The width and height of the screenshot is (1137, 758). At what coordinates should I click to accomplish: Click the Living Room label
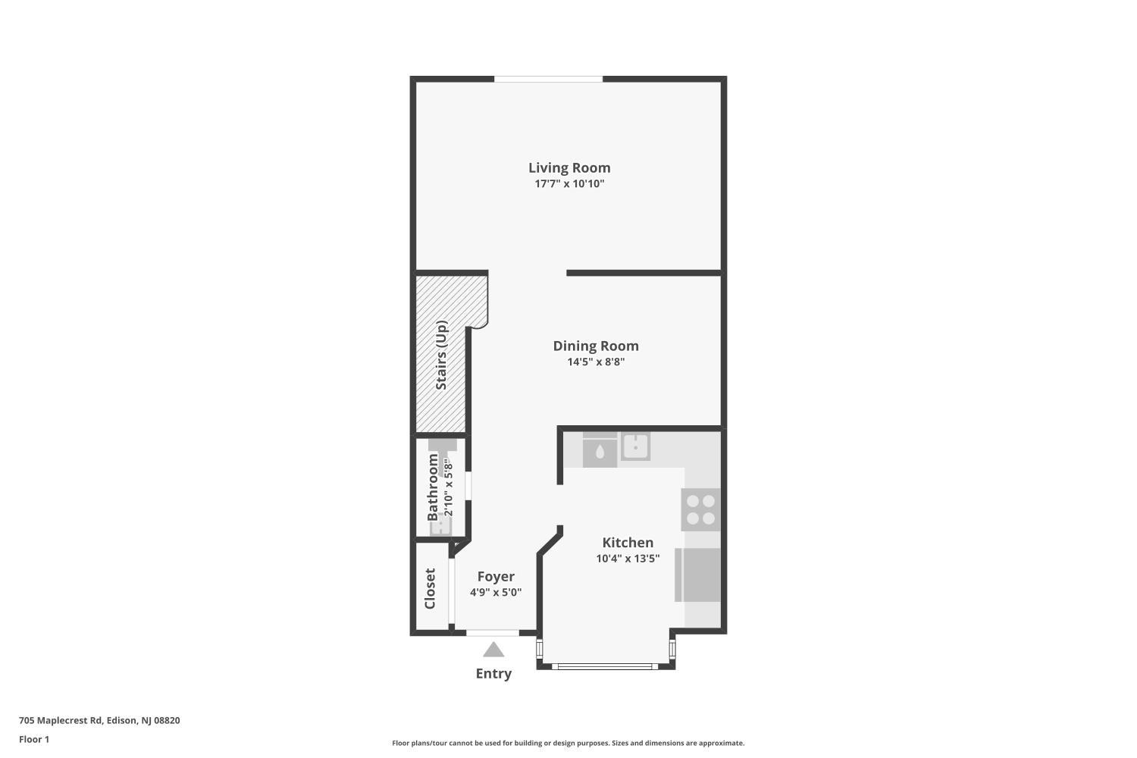point(569,168)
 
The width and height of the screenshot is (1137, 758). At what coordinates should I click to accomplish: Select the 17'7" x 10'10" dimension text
point(569,184)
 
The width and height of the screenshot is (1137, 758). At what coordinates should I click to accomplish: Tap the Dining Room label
point(596,346)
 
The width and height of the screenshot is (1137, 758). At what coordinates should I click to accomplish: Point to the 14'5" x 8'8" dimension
point(596,362)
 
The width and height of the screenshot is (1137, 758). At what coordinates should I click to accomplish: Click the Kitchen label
point(628,542)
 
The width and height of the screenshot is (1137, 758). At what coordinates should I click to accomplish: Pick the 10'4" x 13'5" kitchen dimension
point(628,559)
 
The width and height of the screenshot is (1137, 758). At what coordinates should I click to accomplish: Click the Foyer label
point(496,576)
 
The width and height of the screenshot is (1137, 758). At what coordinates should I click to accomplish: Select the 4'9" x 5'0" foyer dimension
point(496,593)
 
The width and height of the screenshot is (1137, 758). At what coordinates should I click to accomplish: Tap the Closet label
point(430,588)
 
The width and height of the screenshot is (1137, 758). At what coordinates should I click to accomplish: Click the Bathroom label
point(433,487)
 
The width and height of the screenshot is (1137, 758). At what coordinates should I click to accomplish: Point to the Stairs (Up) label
point(441,355)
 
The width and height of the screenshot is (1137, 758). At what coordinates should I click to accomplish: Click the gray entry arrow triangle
point(493,650)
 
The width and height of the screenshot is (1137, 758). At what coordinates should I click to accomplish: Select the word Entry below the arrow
point(493,673)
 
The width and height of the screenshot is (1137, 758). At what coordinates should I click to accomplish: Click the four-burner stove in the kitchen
point(700,509)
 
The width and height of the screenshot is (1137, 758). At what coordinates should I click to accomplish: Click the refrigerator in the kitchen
point(698,575)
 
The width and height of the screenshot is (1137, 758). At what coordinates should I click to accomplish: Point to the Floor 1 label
point(34,739)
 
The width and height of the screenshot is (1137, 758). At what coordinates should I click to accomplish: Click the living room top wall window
point(549,79)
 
